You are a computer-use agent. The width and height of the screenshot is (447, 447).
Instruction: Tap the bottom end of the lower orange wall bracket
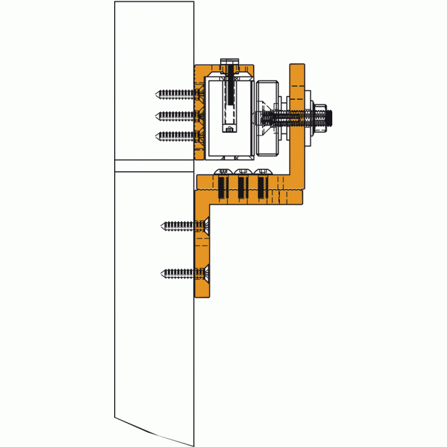pos(203,294)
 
